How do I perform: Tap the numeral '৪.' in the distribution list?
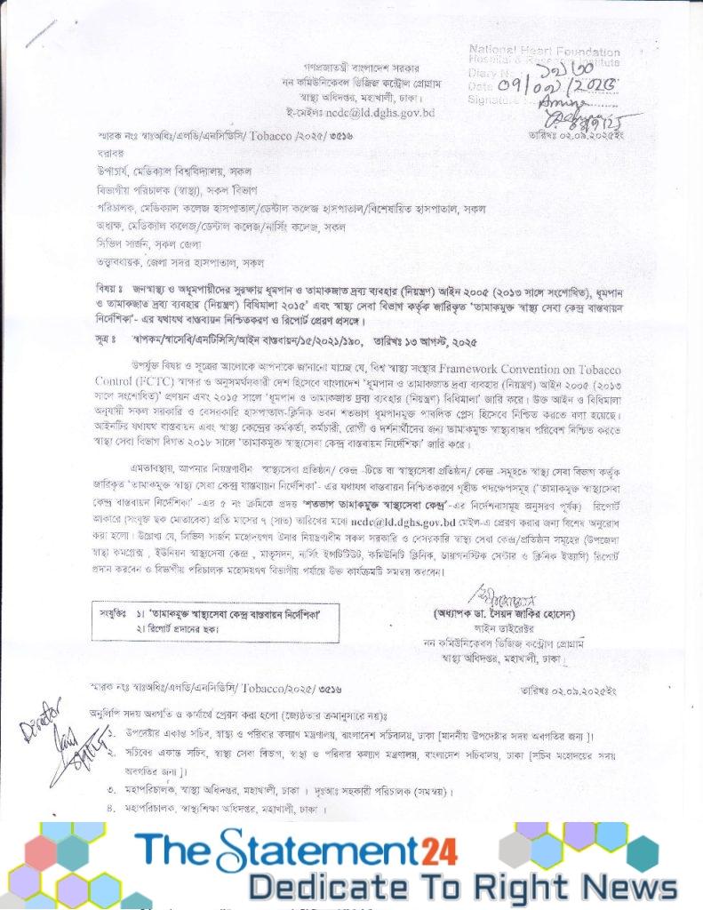pos(112,809)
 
